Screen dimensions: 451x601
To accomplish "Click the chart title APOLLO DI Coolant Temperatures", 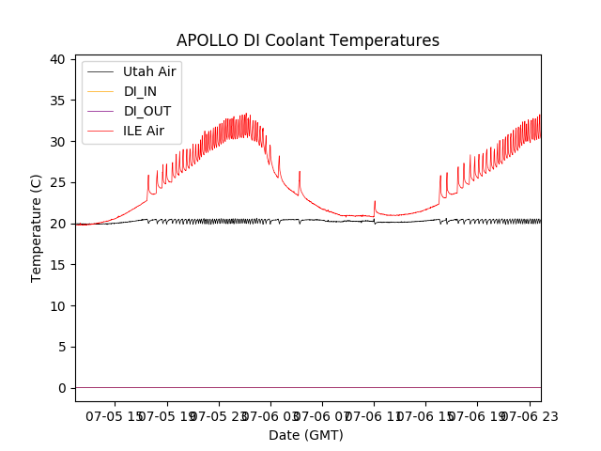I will point(308,40).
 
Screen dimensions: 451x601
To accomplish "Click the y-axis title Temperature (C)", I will point(37,228).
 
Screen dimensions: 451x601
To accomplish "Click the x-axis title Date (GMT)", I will point(306,435).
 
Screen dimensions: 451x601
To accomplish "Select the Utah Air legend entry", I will point(149,71).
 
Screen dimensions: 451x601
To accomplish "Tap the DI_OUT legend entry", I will point(147,111).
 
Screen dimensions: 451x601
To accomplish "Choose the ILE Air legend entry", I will point(145,131).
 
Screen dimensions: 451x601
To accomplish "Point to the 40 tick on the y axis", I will point(56,59).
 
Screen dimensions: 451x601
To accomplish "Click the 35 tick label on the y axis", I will point(56,101).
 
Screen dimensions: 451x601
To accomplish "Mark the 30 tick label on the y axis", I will point(56,142).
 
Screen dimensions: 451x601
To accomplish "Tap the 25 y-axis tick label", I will point(56,182).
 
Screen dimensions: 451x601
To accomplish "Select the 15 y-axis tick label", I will point(56,265).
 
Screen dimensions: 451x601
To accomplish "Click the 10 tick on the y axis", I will point(56,306).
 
